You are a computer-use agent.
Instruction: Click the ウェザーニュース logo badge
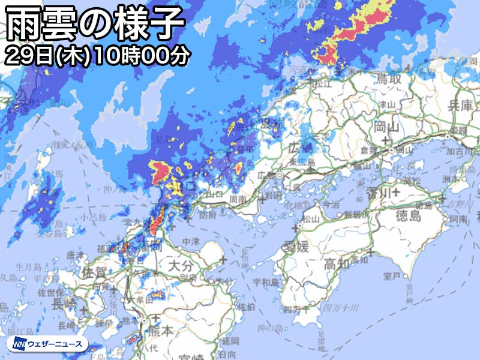(48, 344)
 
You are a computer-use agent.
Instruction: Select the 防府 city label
(209, 214)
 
